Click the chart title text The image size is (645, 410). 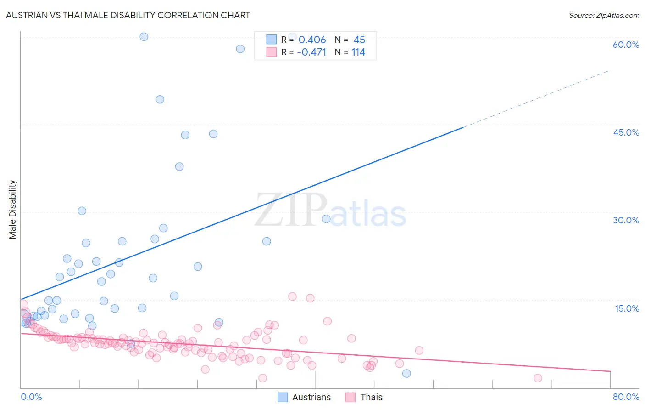(x=128, y=15)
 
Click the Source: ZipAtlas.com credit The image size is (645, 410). (x=604, y=15)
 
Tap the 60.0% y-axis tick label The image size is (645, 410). (x=626, y=45)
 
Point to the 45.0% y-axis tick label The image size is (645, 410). (x=626, y=132)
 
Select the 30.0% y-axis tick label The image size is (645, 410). (x=626, y=220)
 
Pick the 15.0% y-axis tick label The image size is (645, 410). (x=627, y=308)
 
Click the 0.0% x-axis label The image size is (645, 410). (x=31, y=397)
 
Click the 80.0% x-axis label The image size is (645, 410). (x=626, y=397)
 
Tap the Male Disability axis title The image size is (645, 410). (x=13, y=209)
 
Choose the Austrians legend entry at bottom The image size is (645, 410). (x=305, y=397)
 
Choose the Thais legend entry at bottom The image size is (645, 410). (x=364, y=397)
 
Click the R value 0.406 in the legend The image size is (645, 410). (x=312, y=40)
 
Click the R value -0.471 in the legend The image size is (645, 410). (x=311, y=52)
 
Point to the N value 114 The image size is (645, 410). (x=358, y=52)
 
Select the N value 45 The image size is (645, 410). (x=359, y=40)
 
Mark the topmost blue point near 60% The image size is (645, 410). (x=144, y=37)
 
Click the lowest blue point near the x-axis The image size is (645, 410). (x=406, y=373)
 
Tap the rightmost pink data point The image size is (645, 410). (x=538, y=378)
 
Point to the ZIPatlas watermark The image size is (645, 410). (x=330, y=210)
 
